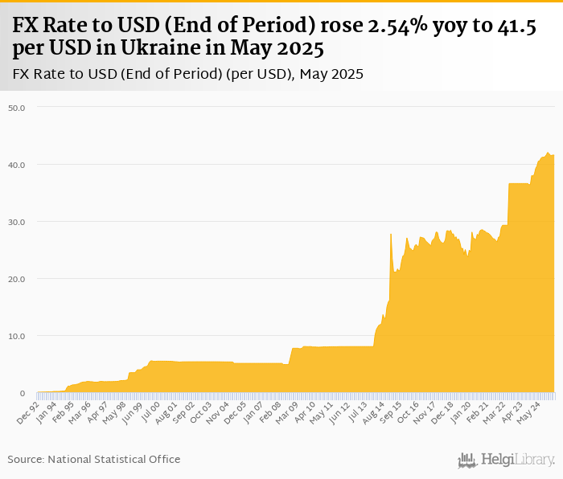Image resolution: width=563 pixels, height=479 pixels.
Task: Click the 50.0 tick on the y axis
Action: [x=17, y=107]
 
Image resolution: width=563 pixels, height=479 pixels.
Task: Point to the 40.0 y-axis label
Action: [x=17, y=165]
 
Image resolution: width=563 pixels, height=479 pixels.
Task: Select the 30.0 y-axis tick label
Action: [x=17, y=222]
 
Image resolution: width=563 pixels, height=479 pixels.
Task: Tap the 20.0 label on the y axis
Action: [x=17, y=279]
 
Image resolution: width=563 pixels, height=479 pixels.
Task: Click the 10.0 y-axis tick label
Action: [x=17, y=336]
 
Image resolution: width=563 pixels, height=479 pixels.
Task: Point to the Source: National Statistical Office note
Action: [x=94, y=459]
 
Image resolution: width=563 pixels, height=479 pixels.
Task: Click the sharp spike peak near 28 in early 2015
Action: [x=390, y=234]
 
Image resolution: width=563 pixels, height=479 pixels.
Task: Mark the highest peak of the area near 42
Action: [x=548, y=153]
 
